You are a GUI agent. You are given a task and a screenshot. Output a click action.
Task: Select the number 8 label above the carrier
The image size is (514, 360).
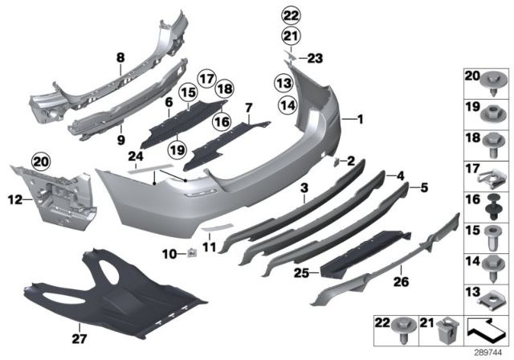120,57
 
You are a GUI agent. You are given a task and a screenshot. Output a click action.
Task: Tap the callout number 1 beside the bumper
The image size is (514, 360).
360,120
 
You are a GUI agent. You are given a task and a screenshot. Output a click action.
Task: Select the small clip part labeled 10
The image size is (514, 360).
193,256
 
